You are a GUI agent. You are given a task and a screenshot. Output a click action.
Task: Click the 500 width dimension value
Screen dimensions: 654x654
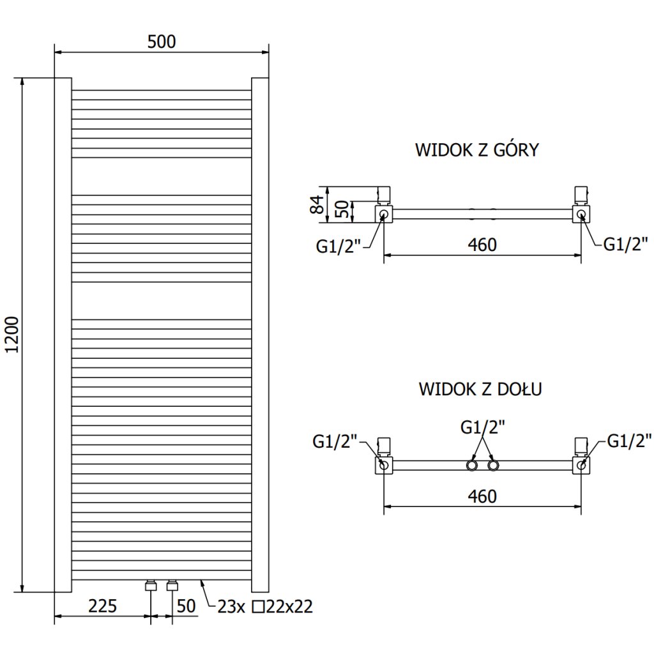point(162,42)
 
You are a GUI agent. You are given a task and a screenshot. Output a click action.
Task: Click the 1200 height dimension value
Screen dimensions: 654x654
point(13,335)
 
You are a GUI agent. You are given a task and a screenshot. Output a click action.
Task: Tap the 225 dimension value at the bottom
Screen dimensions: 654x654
point(103,606)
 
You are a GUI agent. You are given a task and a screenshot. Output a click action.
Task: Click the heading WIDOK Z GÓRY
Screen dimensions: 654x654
point(476,149)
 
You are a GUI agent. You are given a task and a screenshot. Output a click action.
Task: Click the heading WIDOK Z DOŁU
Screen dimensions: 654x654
point(480,389)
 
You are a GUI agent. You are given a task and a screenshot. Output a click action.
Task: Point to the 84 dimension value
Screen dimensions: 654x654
point(317,204)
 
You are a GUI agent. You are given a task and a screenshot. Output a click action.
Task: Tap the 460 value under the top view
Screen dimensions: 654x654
point(482,245)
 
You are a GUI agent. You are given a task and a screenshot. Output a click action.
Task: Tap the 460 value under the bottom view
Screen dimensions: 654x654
point(482,496)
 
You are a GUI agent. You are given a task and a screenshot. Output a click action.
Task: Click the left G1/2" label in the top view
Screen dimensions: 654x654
point(338,246)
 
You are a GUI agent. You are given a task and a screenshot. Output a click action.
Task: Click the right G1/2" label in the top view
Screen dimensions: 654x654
point(626,244)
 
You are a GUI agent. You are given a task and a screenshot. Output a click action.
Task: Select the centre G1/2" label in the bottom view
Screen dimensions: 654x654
point(483,427)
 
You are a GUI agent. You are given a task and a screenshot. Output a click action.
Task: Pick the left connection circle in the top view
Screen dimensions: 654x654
point(384,215)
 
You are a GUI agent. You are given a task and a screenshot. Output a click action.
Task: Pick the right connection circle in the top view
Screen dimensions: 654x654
point(581,215)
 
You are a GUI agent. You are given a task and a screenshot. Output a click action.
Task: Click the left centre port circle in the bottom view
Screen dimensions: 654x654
point(472,466)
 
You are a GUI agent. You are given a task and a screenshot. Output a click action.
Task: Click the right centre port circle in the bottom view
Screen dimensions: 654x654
point(493,466)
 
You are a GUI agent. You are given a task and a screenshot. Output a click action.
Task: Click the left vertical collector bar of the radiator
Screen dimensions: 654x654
point(63,335)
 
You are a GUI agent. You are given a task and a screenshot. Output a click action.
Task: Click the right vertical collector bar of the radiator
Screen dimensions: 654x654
point(261,335)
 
